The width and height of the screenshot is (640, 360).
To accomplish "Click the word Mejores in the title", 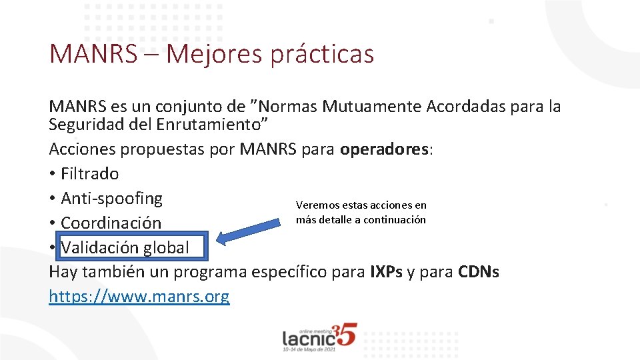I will pyautogui.click(x=214, y=54).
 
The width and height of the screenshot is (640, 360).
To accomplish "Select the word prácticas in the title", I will pyautogui.click(x=322, y=54).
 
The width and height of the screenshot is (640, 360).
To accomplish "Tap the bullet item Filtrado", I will pyautogui.click(x=89, y=174).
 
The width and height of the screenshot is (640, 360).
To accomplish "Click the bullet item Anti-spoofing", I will pyautogui.click(x=111, y=199).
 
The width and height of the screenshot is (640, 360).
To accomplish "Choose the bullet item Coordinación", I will pyautogui.click(x=111, y=223).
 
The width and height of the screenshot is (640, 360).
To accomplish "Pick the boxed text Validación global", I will pyautogui.click(x=125, y=248).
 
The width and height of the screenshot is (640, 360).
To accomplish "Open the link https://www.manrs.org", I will pyautogui.click(x=139, y=297).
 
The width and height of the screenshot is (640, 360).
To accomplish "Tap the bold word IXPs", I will pyautogui.click(x=385, y=273).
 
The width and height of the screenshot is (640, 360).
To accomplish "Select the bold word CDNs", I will pyautogui.click(x=479, y=273).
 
